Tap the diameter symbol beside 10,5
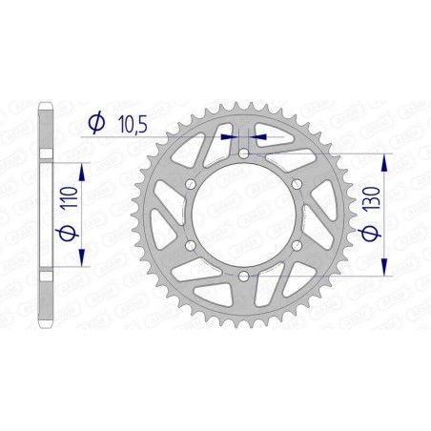point(96,123)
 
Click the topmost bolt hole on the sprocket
point(244,153)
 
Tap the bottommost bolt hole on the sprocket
point(244,277)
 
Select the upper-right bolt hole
point(298,184)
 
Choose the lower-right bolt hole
point(298,246)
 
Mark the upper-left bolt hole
point(191,184)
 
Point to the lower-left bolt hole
point(191,246)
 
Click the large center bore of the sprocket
point(244,215)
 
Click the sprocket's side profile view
point(44,215)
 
